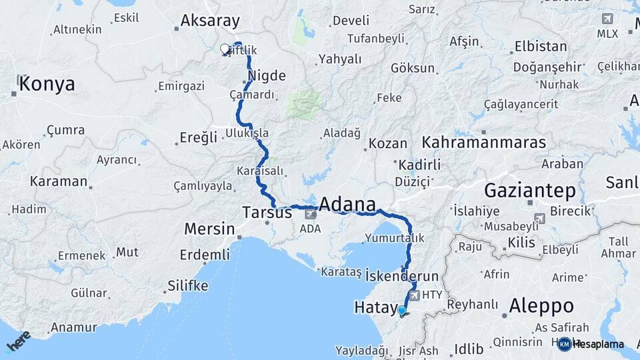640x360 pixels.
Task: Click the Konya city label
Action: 47,84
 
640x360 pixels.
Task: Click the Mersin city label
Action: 209,229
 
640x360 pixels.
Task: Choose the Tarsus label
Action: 267,213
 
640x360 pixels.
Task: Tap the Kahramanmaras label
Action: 483,142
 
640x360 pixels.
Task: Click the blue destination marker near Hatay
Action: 401,311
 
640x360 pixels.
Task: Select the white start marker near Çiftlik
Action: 225,49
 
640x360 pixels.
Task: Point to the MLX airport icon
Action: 607,19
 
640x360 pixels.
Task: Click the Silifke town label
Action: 187,286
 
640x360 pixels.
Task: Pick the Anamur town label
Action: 73,327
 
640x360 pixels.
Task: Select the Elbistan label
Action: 541,47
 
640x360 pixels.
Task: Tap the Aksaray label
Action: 209,21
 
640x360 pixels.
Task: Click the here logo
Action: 19,341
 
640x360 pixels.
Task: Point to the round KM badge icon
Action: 564,344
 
